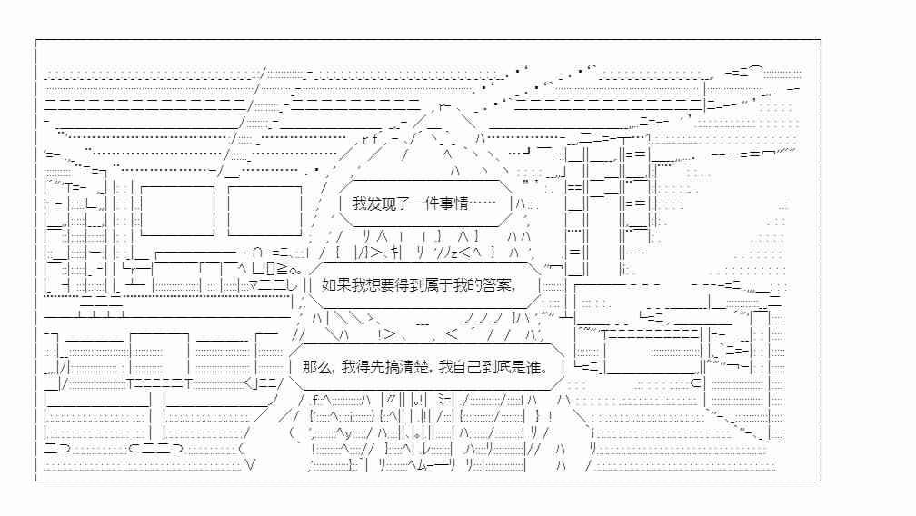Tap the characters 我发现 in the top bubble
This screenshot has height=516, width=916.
click(373, 203)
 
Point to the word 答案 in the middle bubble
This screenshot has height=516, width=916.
click(499, 285)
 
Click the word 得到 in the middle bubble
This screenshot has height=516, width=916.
click(402, 285)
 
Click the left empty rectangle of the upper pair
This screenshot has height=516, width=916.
click(177, 211)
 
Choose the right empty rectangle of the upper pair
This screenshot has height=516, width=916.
click(264, 211)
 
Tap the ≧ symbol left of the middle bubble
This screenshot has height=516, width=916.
click(282, 269)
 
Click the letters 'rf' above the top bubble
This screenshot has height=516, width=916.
click(371, 139)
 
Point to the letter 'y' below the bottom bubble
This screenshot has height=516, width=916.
click(348, 433)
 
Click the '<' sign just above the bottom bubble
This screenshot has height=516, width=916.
click(452, 334)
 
